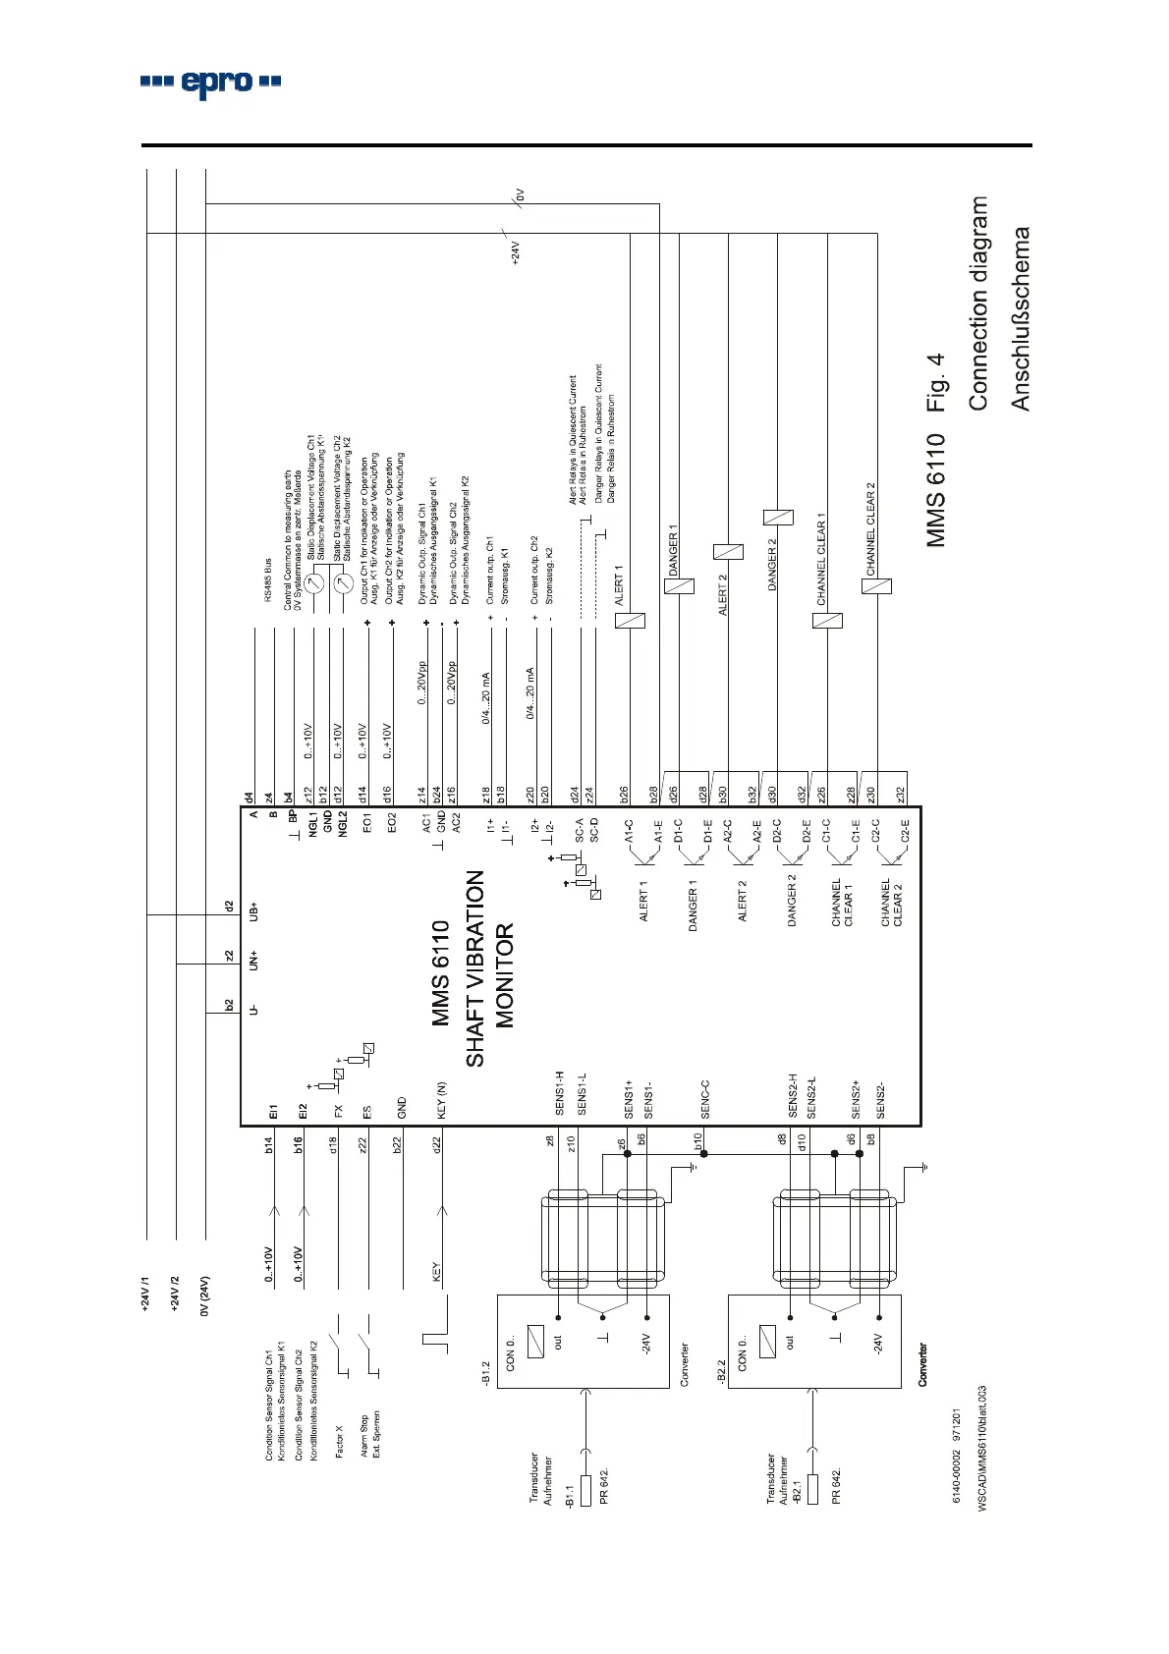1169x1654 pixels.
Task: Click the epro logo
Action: pyautogui.click(x=210, y=83)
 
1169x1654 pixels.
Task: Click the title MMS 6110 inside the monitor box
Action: pyautogui.click(x=441, y=973)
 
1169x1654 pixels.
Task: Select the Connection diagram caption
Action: pyautogui.click(x=978, y=303)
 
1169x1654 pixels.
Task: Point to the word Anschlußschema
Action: pyautogui.click(x=1022, y=319)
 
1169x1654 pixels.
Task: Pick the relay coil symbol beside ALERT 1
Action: pyautogui.click(x=630, y=620)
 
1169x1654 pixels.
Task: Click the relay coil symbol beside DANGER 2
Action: pyautogui.click(x=778, y=518)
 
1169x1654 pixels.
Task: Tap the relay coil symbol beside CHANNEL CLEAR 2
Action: pyautogui.click(x=876, y=586)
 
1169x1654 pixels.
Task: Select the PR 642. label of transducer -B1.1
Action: pyautogui.click(x=604, y=1486)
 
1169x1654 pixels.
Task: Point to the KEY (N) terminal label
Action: pyautogui.click(x=442, y=1100)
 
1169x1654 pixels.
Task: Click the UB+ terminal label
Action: pyautogui.click(x=253, y=911)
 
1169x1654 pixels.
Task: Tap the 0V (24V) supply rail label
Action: pyautogui.click(x=204, y=1296)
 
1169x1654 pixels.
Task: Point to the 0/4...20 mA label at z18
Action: pyautogui.click(x=485, y=698)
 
